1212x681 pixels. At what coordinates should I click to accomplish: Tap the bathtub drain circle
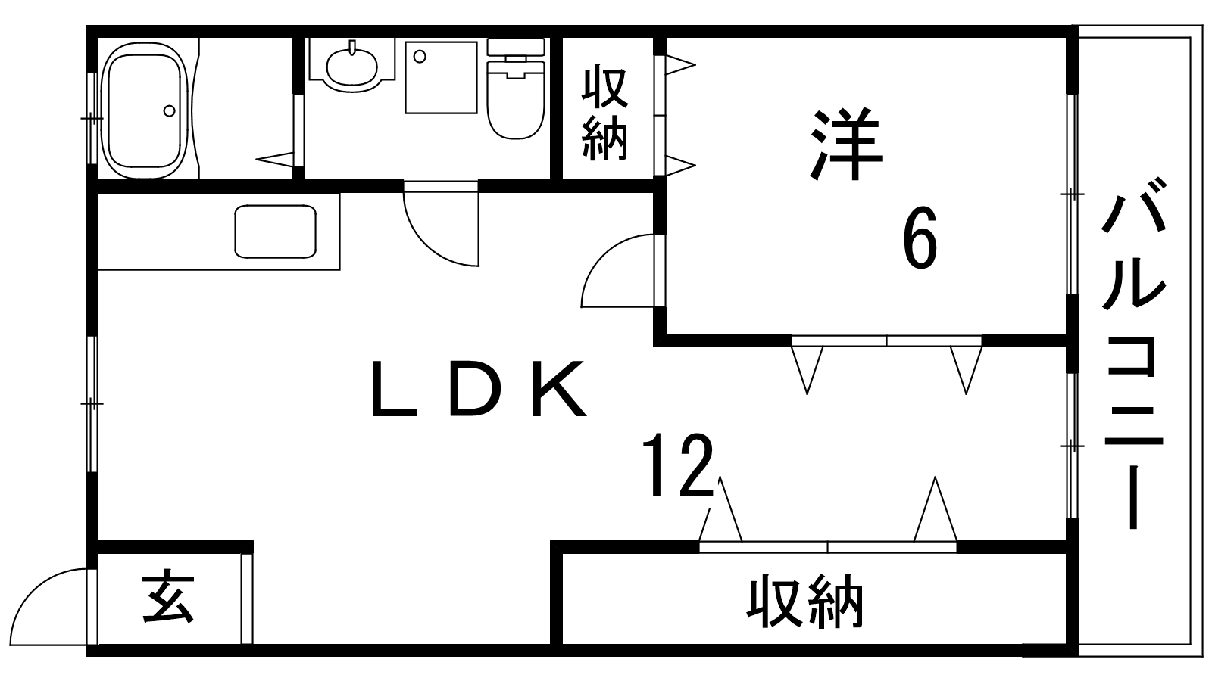click(x=169, y=110)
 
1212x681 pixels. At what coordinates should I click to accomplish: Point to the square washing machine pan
click(x=441, y=77)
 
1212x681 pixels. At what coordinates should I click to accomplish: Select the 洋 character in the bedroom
click(x=846, y=145)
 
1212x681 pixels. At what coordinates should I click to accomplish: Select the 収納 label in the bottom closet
click(x=806, y=603)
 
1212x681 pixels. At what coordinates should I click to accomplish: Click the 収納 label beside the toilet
click(x=605, y=113)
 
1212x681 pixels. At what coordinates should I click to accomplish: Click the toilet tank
click(x=515, y=47)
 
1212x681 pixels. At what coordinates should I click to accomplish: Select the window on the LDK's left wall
click(x=92, y=405)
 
